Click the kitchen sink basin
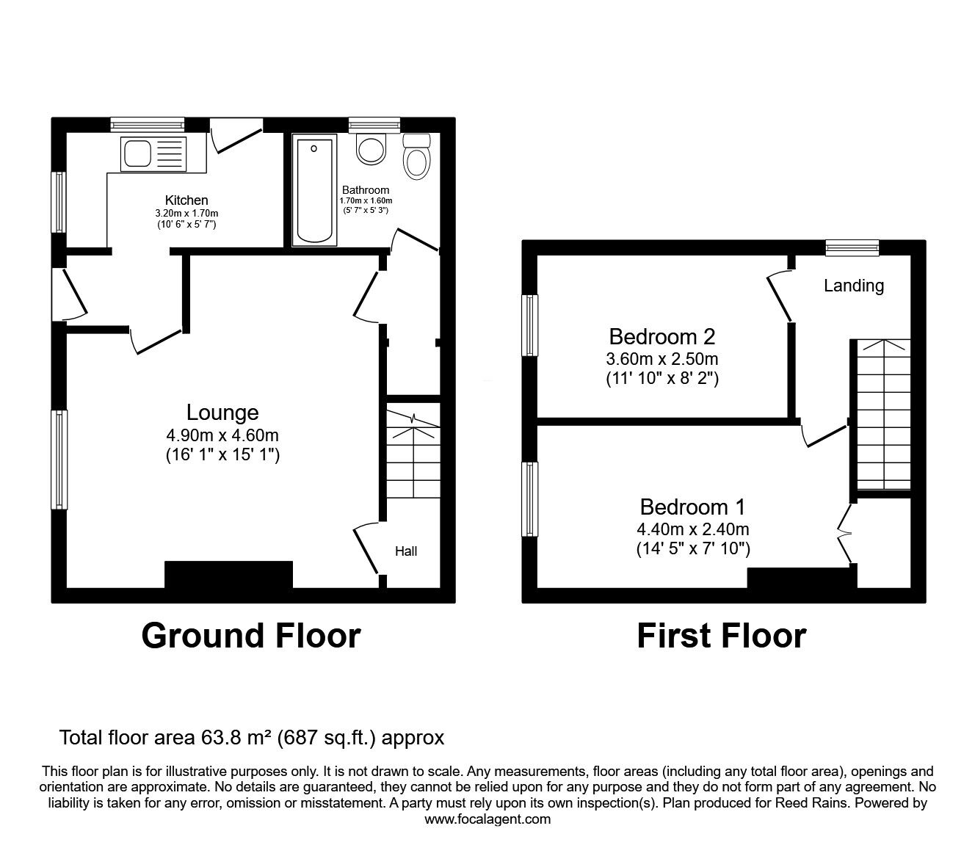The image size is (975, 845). pyautogui.click(x=137, y=154)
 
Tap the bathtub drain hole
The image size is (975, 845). pyautogui.click(x=313, y=148)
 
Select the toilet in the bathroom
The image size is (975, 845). pyautogui.click(x=416, y=156)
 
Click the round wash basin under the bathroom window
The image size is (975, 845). pyautogui.click(x=371, y=150)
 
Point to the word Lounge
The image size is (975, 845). pyautogui.click(x=222, y=413)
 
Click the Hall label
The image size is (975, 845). pyautogui.click(x=406, y=551)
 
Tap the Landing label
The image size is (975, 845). pyautogui.click(x=853, y=286)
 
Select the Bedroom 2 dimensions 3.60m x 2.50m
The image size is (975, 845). pyautogui.click(x=662, y=359)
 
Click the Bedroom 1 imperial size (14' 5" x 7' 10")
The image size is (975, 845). pyautogui.click(x=692, y=548)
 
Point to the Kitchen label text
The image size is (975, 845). pyautogui.click(x=186, y=200)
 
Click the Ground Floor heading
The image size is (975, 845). pyautogui.click(x=250, y=635)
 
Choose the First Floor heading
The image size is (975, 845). pyautogui.click(x=721, y=635)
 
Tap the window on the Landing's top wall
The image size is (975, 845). pyautogui.click(x=852, y=247)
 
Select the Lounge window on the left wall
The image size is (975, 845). pyautogui.click(x=59, y=459)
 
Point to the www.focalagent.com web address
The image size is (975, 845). pyautogui.click(x=487, y=819)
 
